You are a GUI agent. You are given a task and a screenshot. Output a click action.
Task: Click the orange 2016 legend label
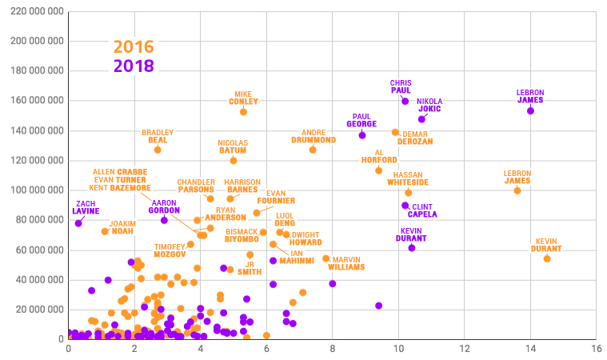coord(134,47)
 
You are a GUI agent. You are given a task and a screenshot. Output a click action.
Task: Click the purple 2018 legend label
coord(134,66)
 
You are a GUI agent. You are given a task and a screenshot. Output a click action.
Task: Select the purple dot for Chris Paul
coord(405,102)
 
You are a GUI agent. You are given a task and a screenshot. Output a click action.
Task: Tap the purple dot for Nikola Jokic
coord(421,119)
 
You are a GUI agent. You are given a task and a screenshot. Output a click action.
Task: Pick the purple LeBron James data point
coord(530,110)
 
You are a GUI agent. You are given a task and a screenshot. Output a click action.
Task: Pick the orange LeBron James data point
coord(517,190)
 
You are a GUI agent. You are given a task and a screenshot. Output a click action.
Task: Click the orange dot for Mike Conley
coord(243,112)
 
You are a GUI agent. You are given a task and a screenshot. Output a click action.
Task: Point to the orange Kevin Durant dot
coord(547,258)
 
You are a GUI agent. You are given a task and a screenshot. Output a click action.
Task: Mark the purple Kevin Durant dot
coord(412,248)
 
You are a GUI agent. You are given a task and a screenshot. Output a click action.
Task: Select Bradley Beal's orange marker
coord(158,150)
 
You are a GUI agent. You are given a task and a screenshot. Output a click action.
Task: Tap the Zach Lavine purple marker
coord(78,223)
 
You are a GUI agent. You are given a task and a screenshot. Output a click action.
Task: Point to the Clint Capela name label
coord(422,210)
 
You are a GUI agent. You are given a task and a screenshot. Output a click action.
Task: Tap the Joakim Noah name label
coord(122,227)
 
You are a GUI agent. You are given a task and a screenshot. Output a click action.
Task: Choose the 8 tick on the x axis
coord(332,349)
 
